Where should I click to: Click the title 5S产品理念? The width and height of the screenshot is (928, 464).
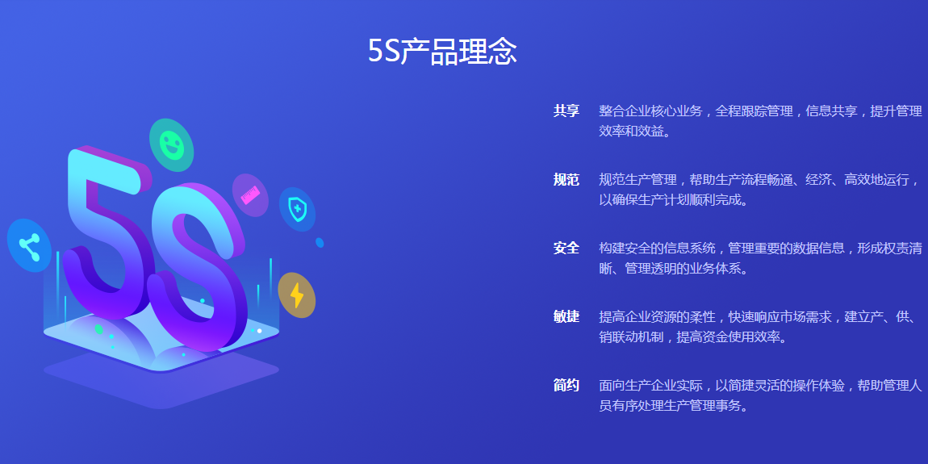pos(442,52)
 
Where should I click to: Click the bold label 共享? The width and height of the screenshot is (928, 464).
pos(566,111)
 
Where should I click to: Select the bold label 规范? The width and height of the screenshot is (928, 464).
pos(566,180)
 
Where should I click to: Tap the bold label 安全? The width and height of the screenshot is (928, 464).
pos(566,249)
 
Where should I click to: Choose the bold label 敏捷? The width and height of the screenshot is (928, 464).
pos(566,317)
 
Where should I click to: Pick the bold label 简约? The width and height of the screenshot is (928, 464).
pos(566,386)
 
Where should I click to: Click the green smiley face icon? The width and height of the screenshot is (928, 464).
pos(172,145)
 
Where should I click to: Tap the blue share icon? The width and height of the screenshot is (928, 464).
pos(29,245)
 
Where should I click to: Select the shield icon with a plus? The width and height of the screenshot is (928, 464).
pos(297,209)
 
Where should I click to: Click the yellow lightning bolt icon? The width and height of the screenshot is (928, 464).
pos(296,295)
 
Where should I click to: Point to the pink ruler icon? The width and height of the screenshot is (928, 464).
pos(250,194)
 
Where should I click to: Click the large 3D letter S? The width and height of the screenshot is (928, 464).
pos(199,266)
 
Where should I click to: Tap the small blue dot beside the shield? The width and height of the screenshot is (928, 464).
pos(320,243)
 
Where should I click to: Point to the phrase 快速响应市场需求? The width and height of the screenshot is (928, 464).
pos(780,317)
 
